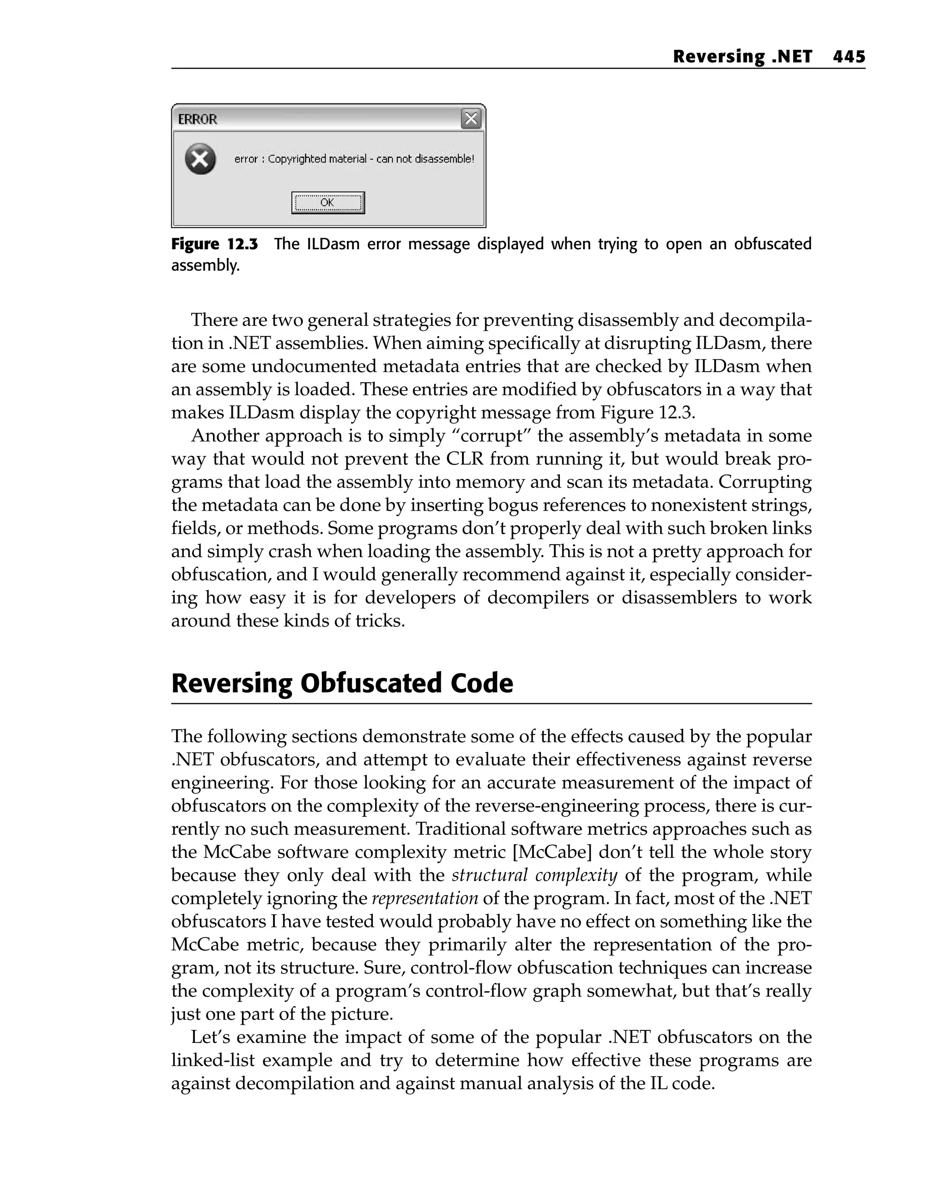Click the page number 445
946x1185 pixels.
[x=849, y=57]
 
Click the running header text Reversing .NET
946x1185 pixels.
[x=742, y=57]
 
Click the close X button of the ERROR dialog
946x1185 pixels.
[x=471, y=119]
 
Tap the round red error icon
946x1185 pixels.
[x=200, y=159]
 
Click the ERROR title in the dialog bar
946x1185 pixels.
[x=197, y=119]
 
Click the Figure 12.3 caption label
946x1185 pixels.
[x=214, y=244]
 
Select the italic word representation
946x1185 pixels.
[x=425, y=898]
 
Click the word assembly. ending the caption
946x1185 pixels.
[x=205, y=265]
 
